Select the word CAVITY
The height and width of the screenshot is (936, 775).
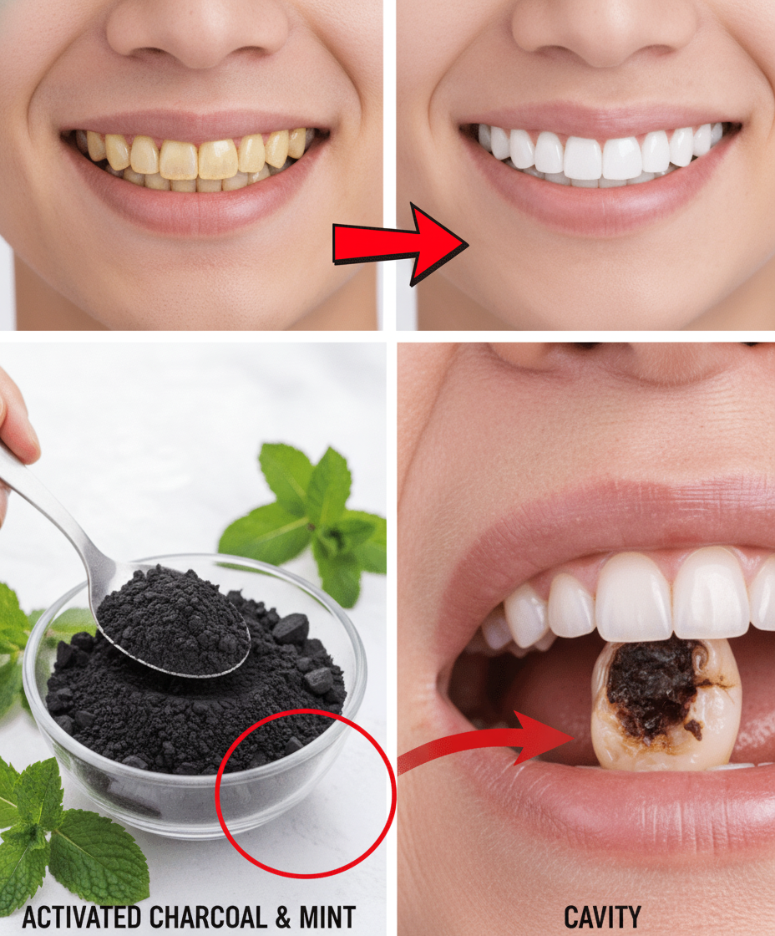pyautogui.click(x=602, y=918)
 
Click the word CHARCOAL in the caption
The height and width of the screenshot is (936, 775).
pyautogui.click(x=208, y=918)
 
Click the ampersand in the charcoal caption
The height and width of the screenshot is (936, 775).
pyautogui.click(x=283, y=918)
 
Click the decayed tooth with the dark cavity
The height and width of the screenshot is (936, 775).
pyautogui.click(x=666, y=705)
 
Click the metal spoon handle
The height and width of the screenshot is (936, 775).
pyautogui.click(x=53, y=507)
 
